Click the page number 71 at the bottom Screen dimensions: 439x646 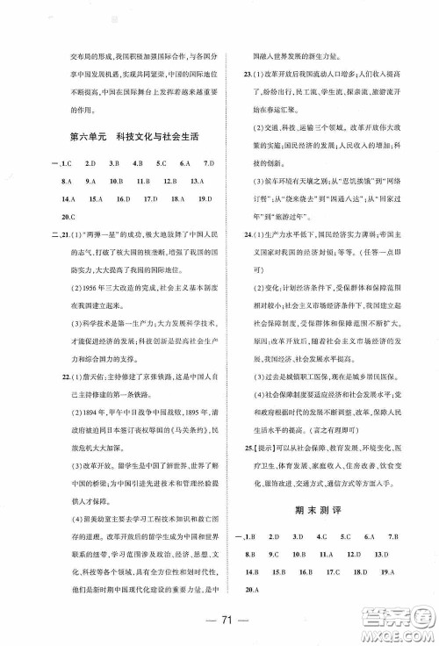point(219,625)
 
